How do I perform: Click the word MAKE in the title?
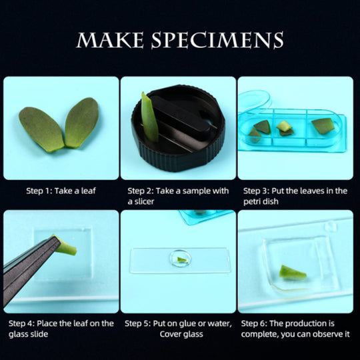click(x=110, y=40)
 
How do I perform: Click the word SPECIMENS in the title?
click(x=217, y=40)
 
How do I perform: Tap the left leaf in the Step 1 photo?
click(x=41, y=129)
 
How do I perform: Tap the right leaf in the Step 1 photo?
click(x=81, y=123)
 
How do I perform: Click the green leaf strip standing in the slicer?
click(x=149, y=118)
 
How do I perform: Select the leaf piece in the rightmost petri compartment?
click(x=323, y=125)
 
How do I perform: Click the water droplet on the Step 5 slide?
click(x=180, y=258)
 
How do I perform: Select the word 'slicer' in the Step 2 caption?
click(x=144, y=201)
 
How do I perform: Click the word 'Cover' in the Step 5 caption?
click(x=170, y=334)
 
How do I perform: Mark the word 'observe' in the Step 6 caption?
click(x=321, y=334)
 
